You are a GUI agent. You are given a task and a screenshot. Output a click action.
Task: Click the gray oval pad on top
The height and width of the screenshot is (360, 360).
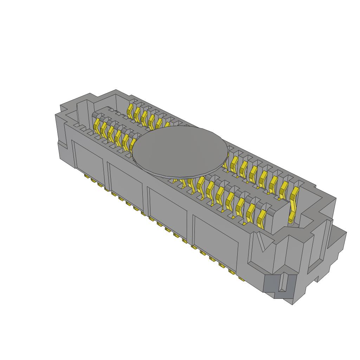179,151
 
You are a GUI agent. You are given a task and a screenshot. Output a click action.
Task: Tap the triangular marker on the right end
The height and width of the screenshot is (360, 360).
262,242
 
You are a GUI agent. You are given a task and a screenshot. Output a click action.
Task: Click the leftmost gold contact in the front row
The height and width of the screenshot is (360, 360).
97,124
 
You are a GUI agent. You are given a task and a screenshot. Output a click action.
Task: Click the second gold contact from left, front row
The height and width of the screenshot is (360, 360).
104,129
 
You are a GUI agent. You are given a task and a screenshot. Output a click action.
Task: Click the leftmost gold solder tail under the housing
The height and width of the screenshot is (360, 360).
86,175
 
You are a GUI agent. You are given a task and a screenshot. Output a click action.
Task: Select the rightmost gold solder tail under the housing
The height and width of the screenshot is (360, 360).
242,279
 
